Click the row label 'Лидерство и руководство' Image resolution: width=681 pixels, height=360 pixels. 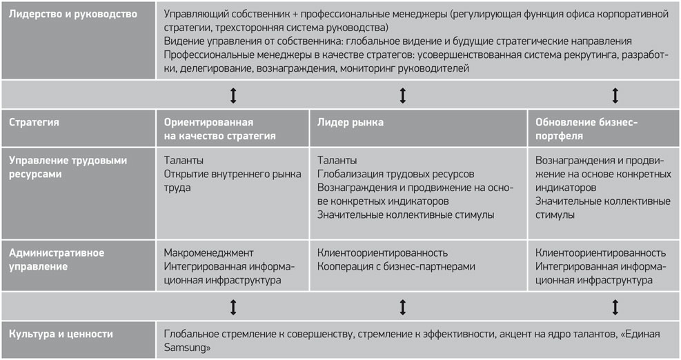73,14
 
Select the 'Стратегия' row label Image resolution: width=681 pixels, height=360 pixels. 34,122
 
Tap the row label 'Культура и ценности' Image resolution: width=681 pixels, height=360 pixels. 61,334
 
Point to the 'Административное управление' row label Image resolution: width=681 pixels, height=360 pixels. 57,260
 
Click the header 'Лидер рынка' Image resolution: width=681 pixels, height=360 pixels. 350,122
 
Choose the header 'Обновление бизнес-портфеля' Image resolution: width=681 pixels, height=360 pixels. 586,129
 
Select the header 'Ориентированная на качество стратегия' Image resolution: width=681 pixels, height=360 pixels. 220,129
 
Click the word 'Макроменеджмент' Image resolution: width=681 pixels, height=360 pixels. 208,252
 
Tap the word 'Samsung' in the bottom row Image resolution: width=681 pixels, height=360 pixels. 185,348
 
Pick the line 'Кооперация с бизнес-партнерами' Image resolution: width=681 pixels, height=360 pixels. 396,266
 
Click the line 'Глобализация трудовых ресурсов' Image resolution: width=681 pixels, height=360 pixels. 395,174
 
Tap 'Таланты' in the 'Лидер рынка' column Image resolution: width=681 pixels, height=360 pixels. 337,160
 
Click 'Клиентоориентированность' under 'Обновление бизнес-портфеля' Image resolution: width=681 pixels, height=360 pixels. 600,252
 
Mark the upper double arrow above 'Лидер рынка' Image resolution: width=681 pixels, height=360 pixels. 403,96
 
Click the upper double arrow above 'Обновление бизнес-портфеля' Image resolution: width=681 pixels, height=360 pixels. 615,96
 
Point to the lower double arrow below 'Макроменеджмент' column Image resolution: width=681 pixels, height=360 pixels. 233,308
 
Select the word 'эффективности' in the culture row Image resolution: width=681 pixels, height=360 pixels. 460,334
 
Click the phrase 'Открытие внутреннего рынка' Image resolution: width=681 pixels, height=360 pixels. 233,174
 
